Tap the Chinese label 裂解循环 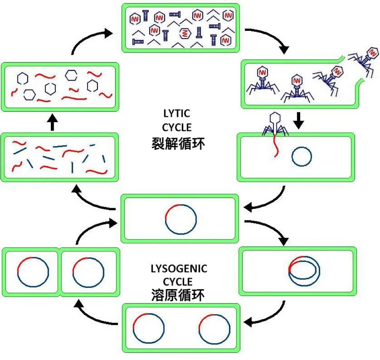[x=178, y=143]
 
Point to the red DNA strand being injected [x=275, y=146]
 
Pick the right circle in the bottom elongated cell [x=214, y=328]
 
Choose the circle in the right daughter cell [x=88, y=272]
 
